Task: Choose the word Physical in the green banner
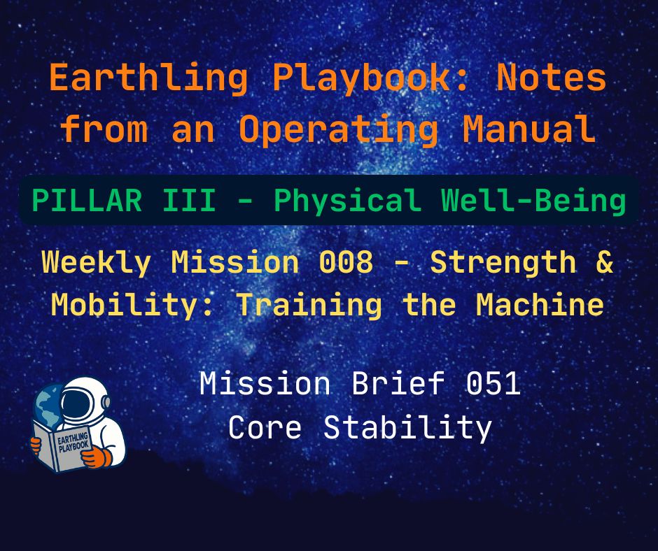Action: point(348,201)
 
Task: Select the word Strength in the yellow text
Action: point(503,262)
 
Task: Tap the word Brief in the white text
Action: point(402,384)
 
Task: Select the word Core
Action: point(265,427)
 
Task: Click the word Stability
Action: point(408,427)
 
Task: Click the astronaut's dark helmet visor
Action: point(78,405)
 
